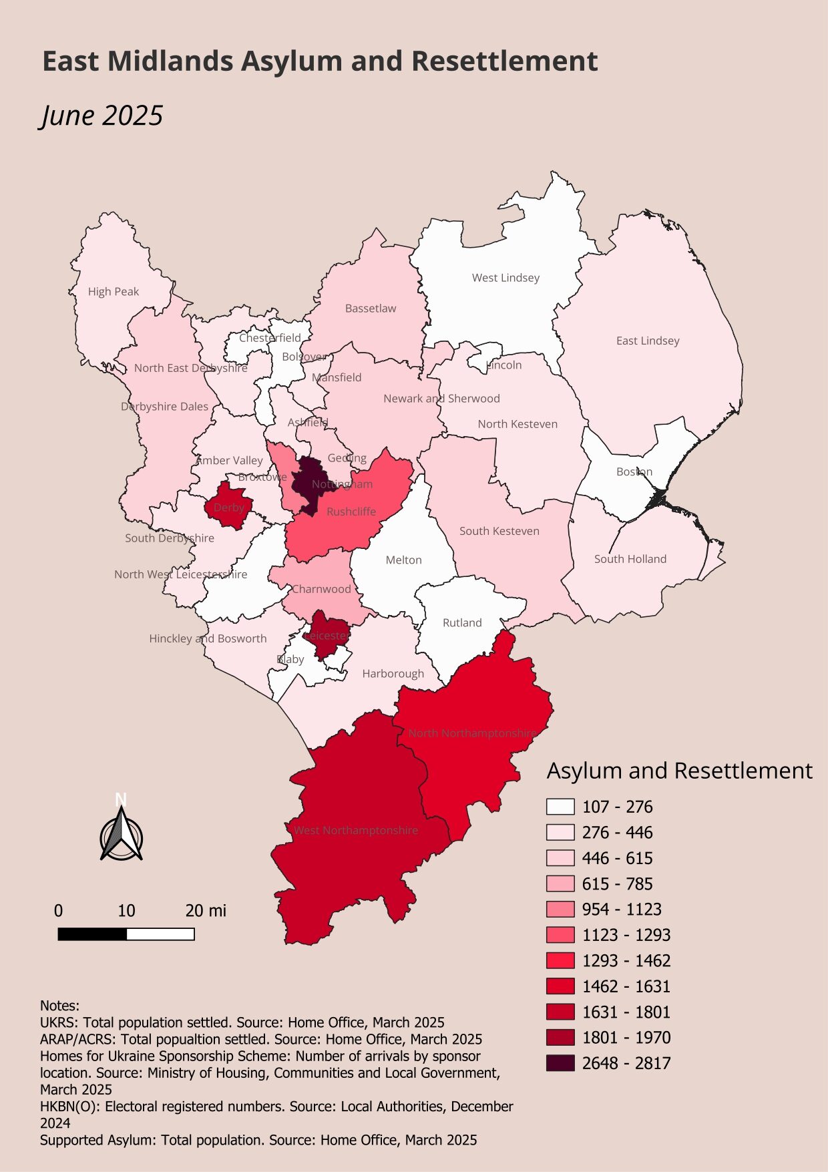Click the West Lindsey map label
505,278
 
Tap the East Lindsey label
648,341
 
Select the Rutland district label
462,622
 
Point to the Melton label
403,560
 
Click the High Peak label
114,291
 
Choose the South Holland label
630,559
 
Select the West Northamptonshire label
356,830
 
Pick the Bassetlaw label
371,309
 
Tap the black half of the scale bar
92,934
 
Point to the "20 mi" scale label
206,911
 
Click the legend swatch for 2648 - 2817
560,1063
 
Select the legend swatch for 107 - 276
560,807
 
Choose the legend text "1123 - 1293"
626,935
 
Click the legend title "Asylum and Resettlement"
679,771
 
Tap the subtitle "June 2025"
101,116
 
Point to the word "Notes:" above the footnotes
59,1006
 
